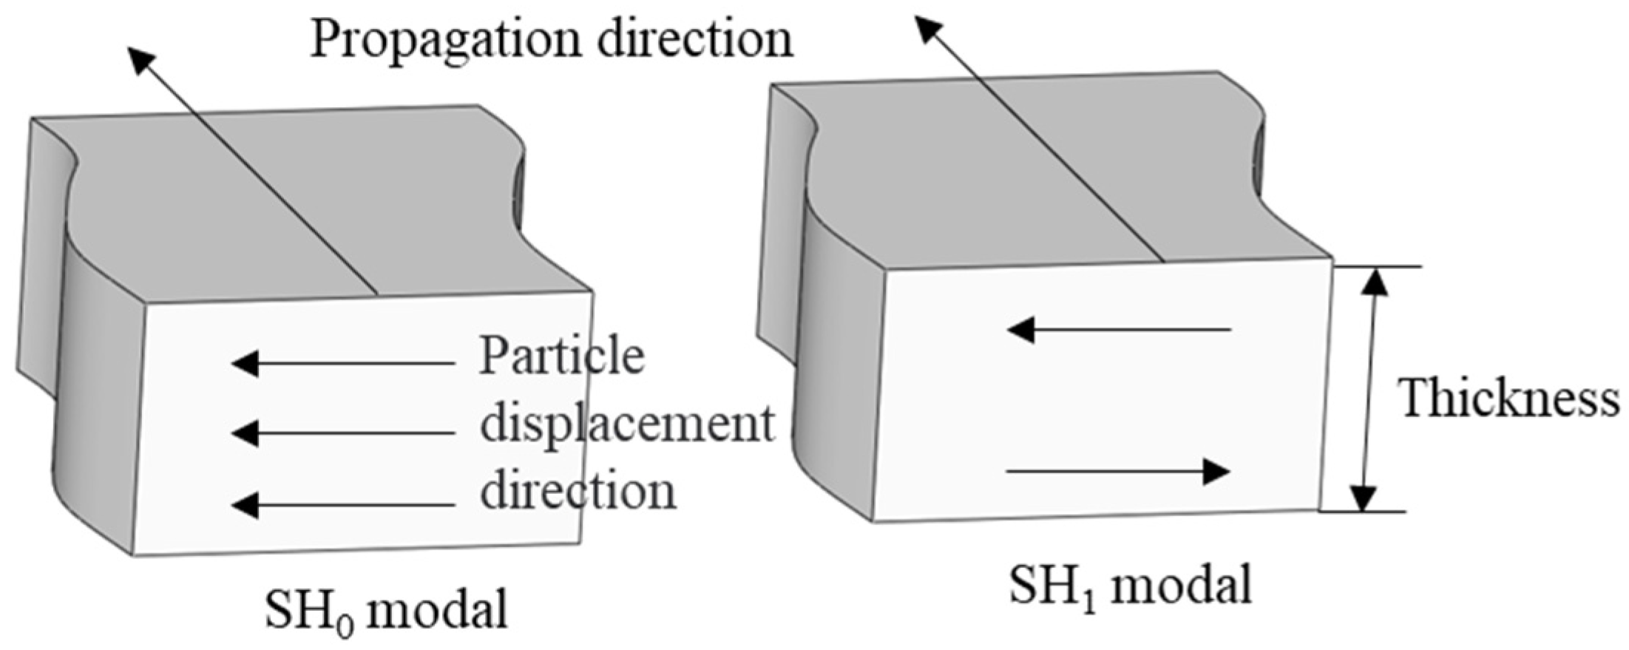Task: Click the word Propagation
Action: tap(448, 38)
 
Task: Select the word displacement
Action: tap(627, 424)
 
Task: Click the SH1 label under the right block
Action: tap(1053, 588)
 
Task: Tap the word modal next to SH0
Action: tap(436, 609)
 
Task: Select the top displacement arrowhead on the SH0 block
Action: tap(245, 363)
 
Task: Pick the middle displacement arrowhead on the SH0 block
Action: tap(245, 433)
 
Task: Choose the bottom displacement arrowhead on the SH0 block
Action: tap(245, 505)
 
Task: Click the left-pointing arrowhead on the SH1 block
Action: tap(1021, 329)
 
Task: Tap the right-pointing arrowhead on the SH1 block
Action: tap(1215, 471)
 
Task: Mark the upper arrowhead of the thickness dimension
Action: tap(1375, 282)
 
